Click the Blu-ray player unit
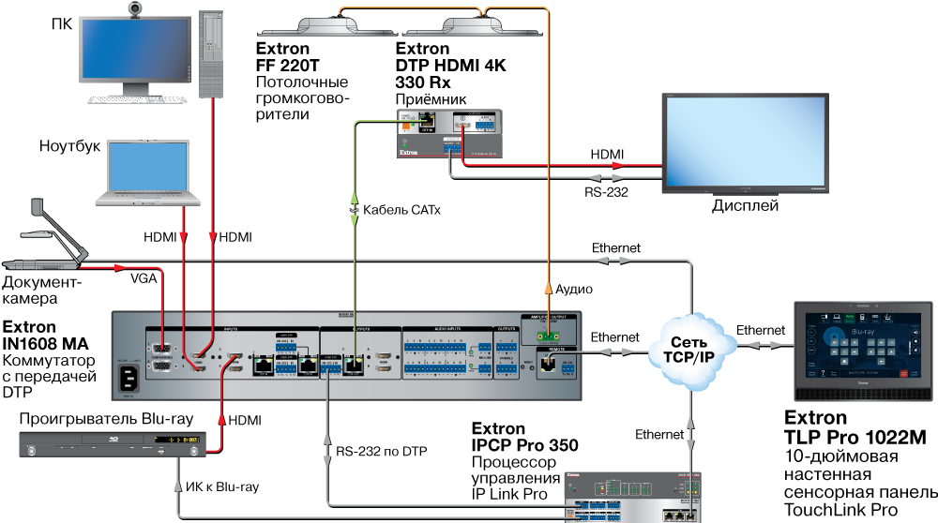(113, 442)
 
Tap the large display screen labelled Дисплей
(745, 142)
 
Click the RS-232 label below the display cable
(606, 192)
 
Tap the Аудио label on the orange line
(575, 290)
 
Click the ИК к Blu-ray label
(221, 486)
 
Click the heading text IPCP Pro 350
(524, 445)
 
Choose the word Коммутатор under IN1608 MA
(49, 361)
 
